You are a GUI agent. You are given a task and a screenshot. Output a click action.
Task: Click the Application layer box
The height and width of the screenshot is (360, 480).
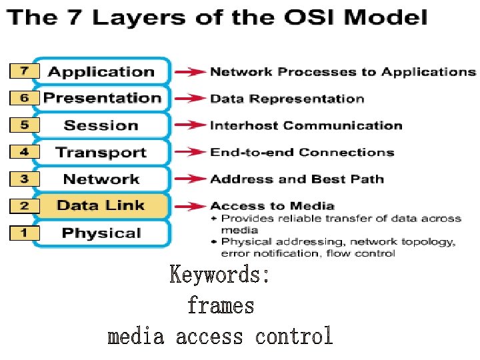pyautogui.click(x=101, y=71)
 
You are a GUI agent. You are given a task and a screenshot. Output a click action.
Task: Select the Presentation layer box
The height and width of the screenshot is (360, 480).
pyautogui.click(x=101, y=98)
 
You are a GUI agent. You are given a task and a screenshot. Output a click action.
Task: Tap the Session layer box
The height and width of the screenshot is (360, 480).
pyautogui.click(x=101, y=125)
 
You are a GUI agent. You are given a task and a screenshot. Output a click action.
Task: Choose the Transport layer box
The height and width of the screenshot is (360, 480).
pyautogui.click(x=101, y=152)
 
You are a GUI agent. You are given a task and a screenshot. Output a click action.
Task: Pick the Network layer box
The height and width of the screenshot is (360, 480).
pyautogui.click(x=101, y=179)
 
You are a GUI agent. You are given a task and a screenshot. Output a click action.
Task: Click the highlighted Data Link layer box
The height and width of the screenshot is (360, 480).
pyautogui.click(x=101, y=205)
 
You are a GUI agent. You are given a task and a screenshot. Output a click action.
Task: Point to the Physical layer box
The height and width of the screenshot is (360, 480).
pyautogui.click(x=101, y=233)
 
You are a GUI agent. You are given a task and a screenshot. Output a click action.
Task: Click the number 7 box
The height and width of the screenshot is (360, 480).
pyautogui.click(x=24, y=71)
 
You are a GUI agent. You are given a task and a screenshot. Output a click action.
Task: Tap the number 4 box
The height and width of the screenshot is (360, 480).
pyautogui.click(x=24, y=151)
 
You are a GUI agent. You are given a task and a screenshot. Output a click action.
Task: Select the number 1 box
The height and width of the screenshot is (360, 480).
pyautogui.click(x=24, y=233)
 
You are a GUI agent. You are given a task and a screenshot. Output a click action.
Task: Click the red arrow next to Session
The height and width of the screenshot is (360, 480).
pyautogui.click(x=189, y=125)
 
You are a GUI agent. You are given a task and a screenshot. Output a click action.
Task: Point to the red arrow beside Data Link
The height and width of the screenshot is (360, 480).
pyautogui.click(x=189, y=205)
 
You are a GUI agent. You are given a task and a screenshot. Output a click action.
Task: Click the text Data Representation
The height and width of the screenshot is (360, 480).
pyautogui.click(x=287, y=99)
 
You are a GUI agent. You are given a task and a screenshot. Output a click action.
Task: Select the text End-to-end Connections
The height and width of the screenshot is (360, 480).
pyautogui.click(x=302, y=152)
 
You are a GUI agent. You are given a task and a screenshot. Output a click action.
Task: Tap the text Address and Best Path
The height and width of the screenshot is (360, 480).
pyautogui.click(x=297, y=179)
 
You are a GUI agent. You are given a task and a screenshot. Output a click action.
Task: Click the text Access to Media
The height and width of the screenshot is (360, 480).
pyautogui.click(x=272, y=205)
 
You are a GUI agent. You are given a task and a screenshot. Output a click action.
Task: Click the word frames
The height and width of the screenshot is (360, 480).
pyautogui.click(x=221, y=306)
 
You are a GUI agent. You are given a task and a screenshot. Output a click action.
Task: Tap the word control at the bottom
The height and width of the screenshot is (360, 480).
pyautogui.click(x=294, y=336)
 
